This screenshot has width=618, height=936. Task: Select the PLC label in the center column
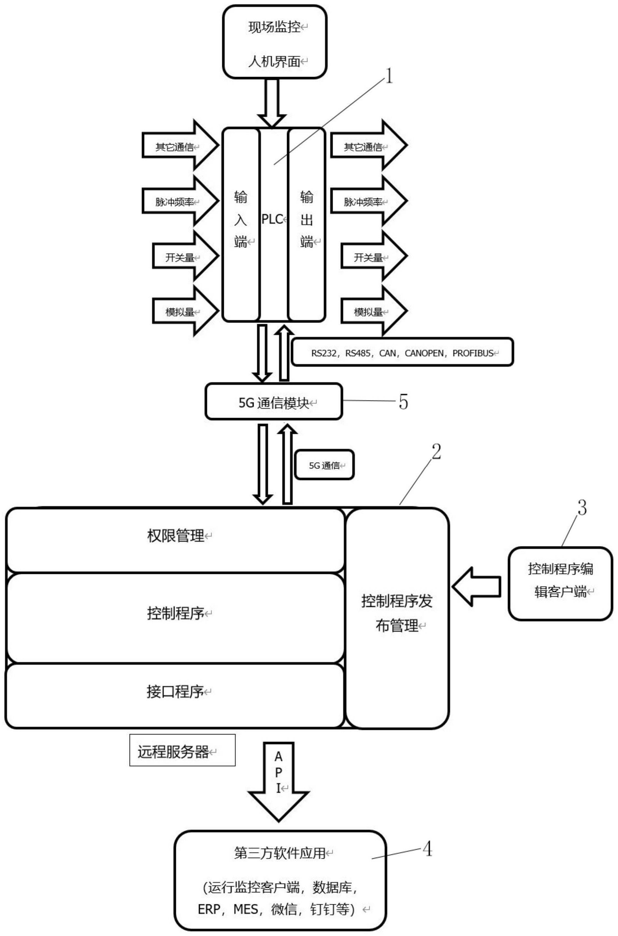[273, 219]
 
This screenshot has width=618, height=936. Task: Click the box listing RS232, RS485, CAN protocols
[402, 353]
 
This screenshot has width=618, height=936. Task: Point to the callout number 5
[403, 402]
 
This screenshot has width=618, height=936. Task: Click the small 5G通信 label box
[324, 465]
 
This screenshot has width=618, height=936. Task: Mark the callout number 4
[427, 849]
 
